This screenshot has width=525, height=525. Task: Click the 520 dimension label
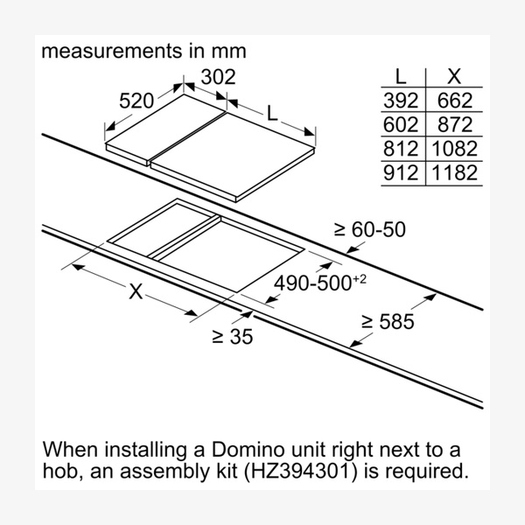click(136, 101)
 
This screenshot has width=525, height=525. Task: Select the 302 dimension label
click(218, 77)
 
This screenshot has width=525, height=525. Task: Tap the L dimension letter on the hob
click(272, 113)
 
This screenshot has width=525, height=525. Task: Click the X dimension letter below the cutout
click(136, 291)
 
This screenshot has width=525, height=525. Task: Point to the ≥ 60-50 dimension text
click(369, 229)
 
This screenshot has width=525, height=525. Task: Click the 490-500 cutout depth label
click(319, 283)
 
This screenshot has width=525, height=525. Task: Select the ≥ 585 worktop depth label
click(388, 321)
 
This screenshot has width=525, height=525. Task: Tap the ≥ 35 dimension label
click(233, 337)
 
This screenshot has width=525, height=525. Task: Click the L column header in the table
click(401, 77)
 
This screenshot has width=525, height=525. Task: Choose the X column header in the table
click(454, 77)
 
